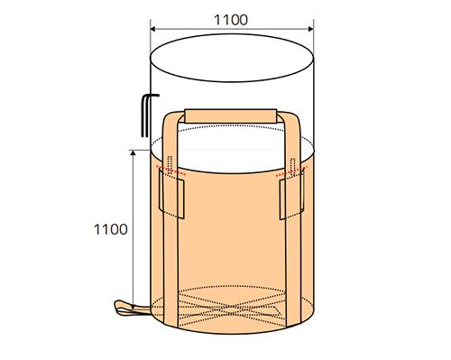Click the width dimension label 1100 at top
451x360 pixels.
(231, 20)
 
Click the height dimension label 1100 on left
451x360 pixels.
(111, 229)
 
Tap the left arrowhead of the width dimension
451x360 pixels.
(152, 29)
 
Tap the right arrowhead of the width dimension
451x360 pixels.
(311, 29)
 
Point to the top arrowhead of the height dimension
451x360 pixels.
(133, 152)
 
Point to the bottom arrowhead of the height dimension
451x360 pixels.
(133, 307)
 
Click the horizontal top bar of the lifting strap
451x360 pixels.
(231, 116)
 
